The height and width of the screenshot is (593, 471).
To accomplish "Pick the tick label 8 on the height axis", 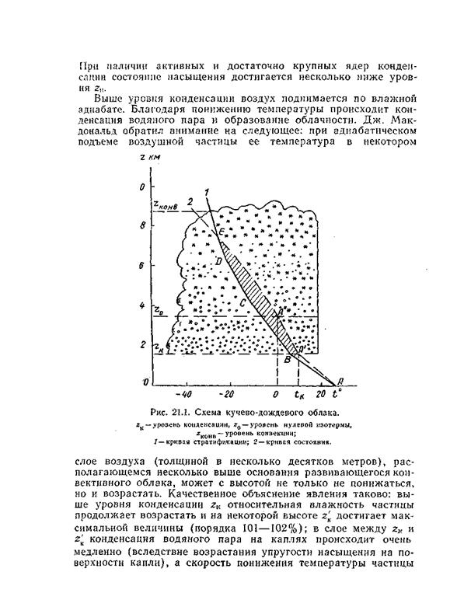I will pyautogui.click(x=141, y=225).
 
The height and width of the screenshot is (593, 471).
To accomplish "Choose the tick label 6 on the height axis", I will pyautogui.click(x=141, y=265).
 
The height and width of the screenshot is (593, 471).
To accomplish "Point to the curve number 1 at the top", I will pyautogui.click(x=206, y=191).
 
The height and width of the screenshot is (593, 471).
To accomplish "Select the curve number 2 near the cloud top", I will pyautogui.click(x=189, y=202).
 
